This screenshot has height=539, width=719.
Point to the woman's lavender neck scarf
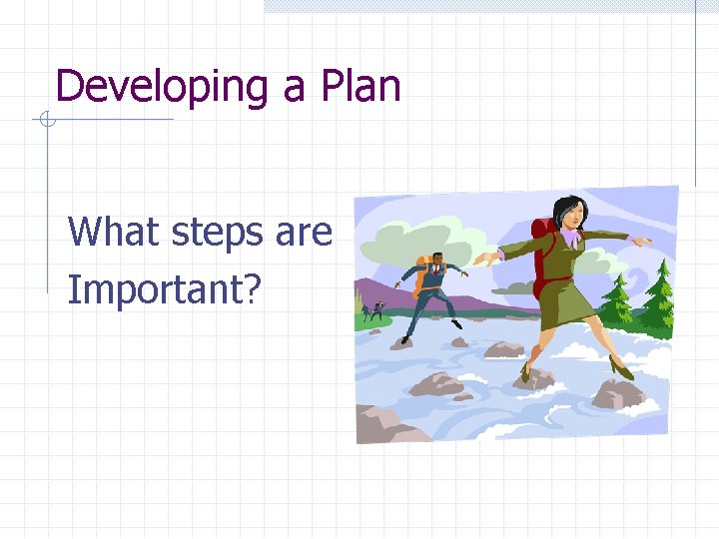click(x=570, y=238)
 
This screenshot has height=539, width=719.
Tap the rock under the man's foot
click(x=401, y=342)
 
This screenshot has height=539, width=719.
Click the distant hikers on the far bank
click(x=373, y=310)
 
